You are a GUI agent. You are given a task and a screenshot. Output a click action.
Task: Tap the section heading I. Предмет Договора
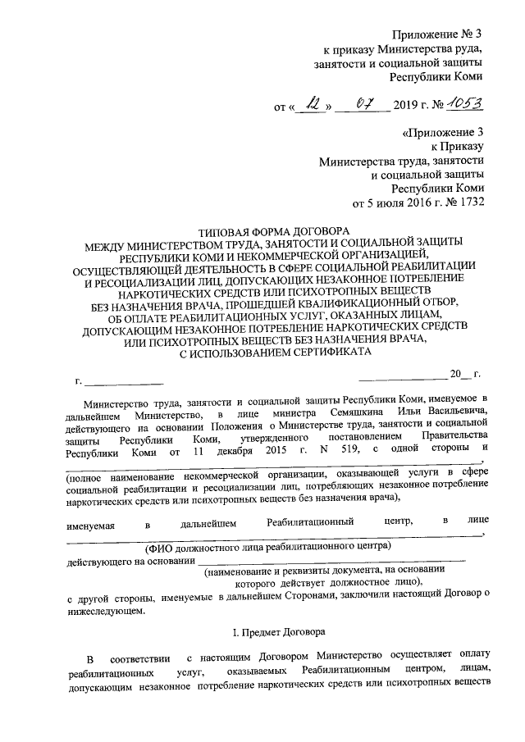pos(275,633)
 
